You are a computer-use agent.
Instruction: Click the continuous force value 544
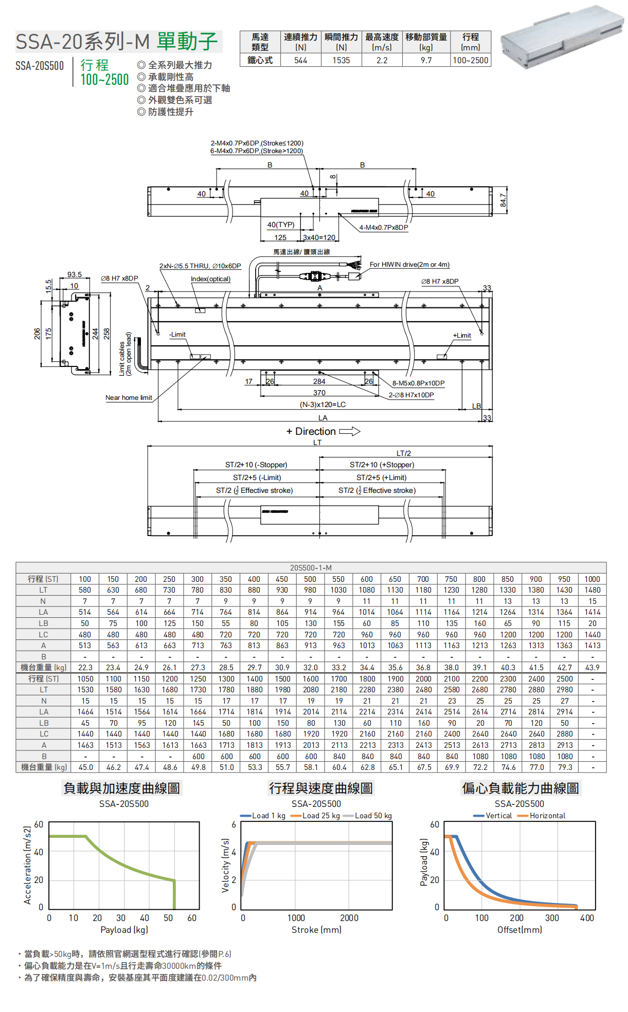(x=301, y=61)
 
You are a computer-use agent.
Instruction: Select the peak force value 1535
(x=341, y=61)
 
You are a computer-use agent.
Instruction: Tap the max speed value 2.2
(x=382, y=61)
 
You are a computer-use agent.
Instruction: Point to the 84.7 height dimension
(x=504, y=200)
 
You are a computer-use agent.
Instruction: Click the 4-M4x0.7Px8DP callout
(x=384, y=228)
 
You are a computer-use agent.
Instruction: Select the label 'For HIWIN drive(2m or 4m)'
(x=409, y=265)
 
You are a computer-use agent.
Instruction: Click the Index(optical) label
(x=210, y=279)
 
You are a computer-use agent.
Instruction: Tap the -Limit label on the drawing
(x=177, y=335)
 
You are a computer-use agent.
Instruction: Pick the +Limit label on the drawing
(x=462, y=336)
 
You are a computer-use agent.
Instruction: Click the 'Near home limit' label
(x=129, y=398)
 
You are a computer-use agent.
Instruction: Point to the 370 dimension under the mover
(x=319, y=393)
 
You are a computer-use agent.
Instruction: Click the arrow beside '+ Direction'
(x=350, y=431)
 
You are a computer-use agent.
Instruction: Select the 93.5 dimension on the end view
(x=75, y=275)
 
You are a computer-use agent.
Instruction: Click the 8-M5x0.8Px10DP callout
(x=419, y=383)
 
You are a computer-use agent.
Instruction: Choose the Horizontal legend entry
(x=547, y=816)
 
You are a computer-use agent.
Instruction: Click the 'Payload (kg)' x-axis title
(x=124, y=930)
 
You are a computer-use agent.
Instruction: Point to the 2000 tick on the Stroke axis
(x=349, y=918)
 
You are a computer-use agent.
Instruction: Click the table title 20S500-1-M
(x=311, y=568)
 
